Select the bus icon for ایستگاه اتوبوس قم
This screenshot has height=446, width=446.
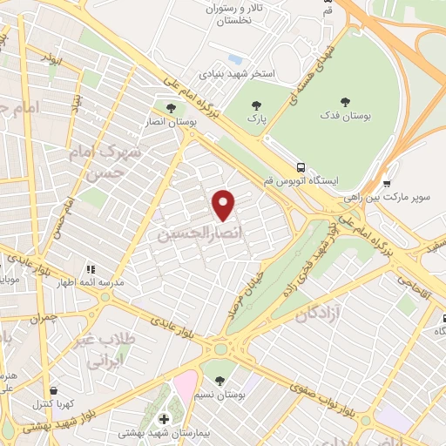pos(301,167)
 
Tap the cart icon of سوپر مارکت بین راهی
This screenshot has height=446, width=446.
pos(386,183)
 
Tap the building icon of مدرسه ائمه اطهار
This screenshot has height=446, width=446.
pos(88,270)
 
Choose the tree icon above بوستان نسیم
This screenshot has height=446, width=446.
pos(219,379)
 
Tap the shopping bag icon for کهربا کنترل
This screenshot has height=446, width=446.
pos(55,390)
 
